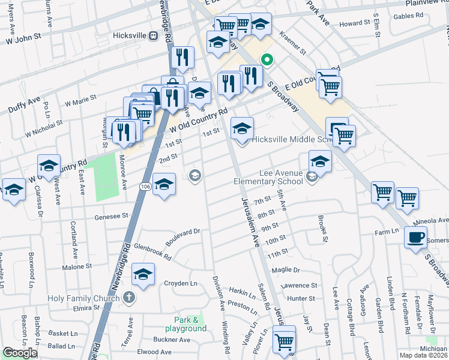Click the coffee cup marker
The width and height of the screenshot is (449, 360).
coord(415,238)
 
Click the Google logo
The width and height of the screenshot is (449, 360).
coord(20,352)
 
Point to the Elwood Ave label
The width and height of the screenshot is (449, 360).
coord(155,352)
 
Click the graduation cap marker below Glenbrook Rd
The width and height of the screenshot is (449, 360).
coord(143,275)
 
